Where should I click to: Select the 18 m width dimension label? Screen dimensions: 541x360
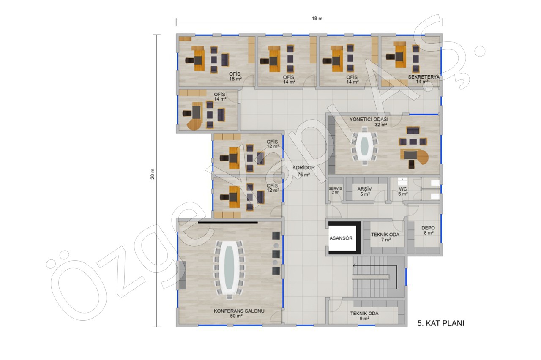coord(317,19)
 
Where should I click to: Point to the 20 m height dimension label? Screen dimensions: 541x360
coord(153,174)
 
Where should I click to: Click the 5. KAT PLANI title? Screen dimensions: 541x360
coord(441,323)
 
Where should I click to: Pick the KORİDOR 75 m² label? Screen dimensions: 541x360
coord(303,171)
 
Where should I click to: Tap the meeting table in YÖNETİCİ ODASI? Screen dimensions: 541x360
coord(364,147)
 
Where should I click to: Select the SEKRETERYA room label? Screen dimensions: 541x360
coord(424,77)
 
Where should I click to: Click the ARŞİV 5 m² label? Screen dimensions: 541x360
coord(364,191)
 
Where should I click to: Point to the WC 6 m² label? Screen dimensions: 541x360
coord(403,191)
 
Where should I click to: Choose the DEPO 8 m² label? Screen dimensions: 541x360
coord(428,230)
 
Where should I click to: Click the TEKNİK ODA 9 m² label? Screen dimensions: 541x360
coord(364,316)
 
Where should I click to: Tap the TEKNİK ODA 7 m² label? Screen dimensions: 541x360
coord(385,237)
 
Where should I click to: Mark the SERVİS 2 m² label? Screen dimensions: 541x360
coord(335,190)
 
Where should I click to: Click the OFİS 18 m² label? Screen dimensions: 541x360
coord(235,76)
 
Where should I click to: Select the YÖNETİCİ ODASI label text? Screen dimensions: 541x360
coord(369,120)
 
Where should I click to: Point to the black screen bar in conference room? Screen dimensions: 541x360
coord(228,222)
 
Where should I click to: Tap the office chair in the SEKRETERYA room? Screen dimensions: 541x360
coord(390,57)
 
